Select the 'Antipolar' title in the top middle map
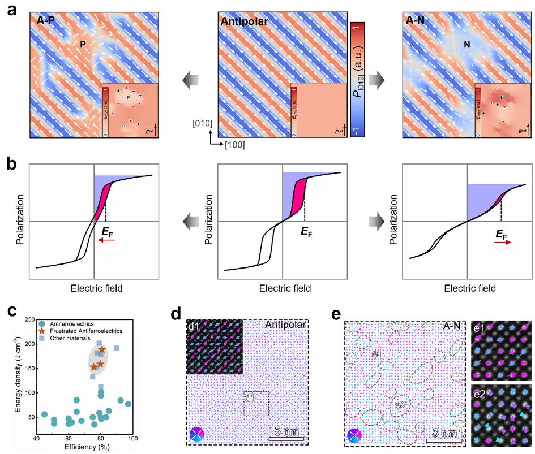(244, 22)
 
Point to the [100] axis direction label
(234, 145)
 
